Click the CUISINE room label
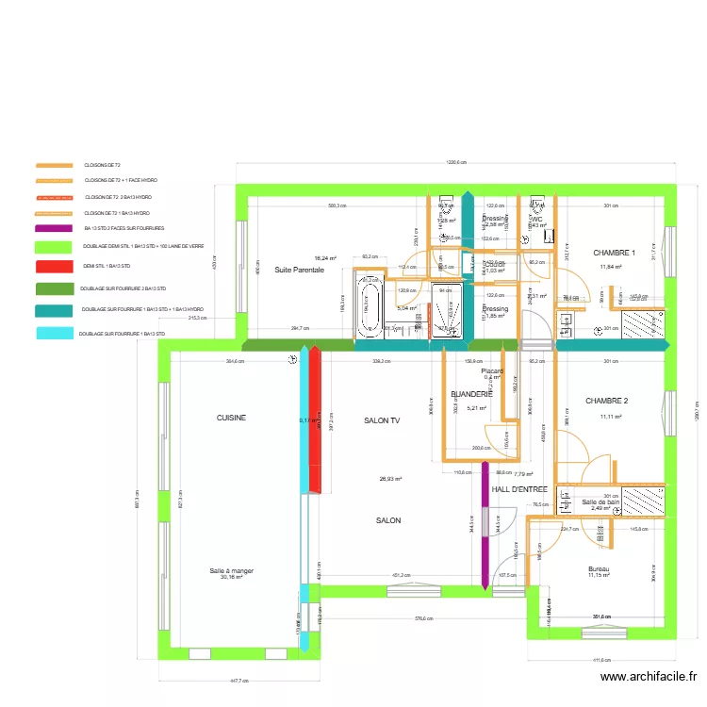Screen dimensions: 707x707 coord(231,417)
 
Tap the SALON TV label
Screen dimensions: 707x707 coord(382,421)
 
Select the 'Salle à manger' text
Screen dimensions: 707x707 coord(231,570)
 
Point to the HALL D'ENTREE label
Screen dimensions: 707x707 coord(519,489)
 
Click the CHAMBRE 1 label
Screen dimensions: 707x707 coord(614,253)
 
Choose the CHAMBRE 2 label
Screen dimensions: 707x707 coord(606,401)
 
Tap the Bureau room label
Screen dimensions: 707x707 coord(599,569)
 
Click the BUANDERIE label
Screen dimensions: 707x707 coord(471,394)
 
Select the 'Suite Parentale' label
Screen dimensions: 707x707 coord(299,271)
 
